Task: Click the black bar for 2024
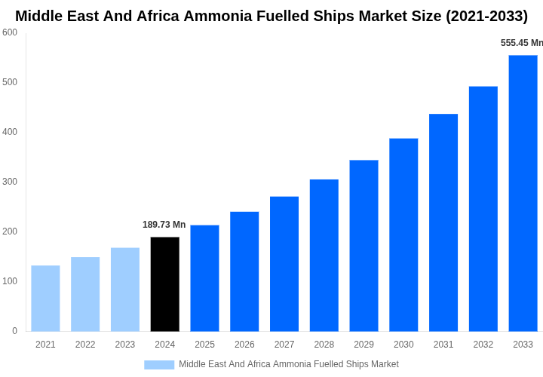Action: click(x=164, y=284)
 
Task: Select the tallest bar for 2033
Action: click(x=523, y=193)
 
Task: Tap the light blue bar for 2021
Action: click(x=45, y=298)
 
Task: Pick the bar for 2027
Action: click(x=284, y=264)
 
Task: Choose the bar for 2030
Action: click(x=403, y=234)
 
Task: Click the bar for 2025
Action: click(x=204, y=278)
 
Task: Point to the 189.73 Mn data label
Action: click(x=164, y=225)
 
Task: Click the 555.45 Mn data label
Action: click(x=521, y=43)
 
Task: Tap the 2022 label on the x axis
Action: click(x=85, y=345)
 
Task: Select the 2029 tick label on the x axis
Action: click(x=364, y=345)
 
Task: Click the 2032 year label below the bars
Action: click(x=483, y=345)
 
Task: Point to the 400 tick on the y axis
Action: click(x=10, y=132)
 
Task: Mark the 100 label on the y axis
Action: click(x=10, y=281)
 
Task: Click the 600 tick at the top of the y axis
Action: click(x=10, y=32)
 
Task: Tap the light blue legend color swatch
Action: click(x=159, y=364)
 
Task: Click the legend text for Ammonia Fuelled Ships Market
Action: click(x=288, y=364)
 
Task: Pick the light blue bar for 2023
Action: click(x=125, y=290)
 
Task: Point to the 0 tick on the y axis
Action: click(x=14, y=331)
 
